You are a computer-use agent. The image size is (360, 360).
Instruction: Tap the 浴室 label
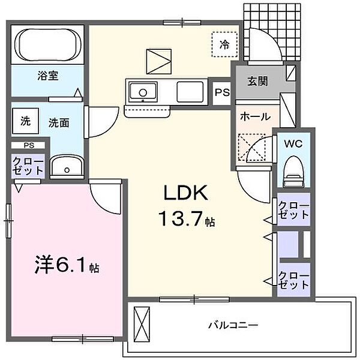tap(48, 76)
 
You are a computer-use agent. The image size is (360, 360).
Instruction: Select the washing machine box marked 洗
tap(25, 121)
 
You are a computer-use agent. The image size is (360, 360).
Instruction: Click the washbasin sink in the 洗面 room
tap(67, 167)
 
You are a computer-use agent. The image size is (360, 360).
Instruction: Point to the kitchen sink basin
tap(143, 92)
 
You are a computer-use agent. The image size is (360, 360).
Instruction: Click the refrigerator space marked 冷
tap(224, 44)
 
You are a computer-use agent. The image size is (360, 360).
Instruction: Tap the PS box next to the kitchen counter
tap(222, 93)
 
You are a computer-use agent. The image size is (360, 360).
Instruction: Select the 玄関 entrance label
tap(257, 81)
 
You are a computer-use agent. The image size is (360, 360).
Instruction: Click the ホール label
tap(256, 116)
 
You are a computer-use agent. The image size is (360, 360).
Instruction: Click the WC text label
tap(293, 144)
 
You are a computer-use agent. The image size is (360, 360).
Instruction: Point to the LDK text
tap(185, 193)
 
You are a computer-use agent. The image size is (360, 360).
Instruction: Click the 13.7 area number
tap(181, 219)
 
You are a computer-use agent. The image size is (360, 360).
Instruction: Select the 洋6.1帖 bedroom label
tap(67, 266)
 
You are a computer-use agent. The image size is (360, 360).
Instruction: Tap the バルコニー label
tap(233, 325)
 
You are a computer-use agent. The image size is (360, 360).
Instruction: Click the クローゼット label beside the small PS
tap(28, 166)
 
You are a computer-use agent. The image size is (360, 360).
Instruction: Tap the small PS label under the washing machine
tap(29, 145)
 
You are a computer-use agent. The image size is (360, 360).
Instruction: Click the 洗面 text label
tap(59, 123)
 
